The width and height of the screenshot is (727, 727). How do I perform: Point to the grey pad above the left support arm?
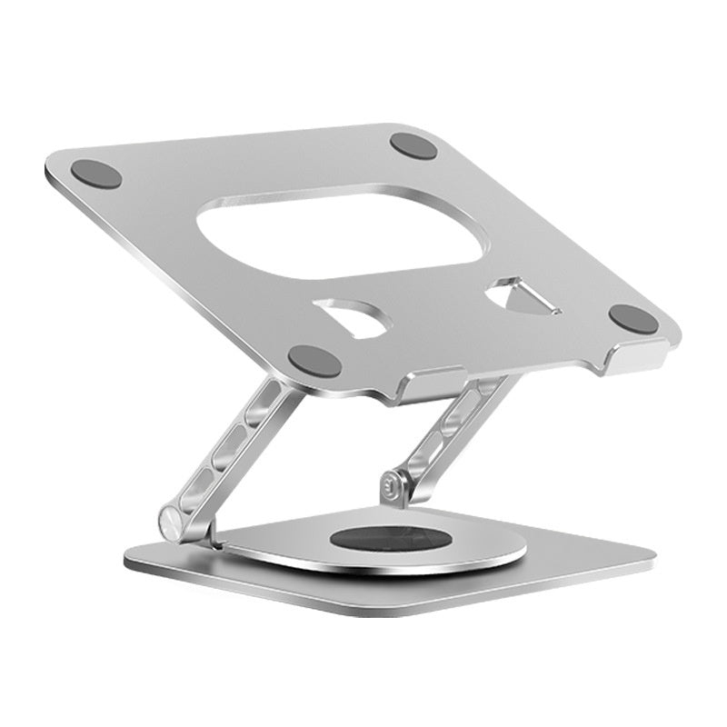pos(314,361)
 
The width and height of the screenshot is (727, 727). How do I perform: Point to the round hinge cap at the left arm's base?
pos(173,523)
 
